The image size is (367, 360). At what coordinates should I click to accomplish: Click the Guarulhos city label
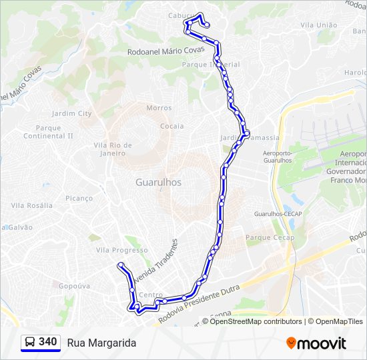pos(158,182)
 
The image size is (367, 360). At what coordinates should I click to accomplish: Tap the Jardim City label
pos(71,113)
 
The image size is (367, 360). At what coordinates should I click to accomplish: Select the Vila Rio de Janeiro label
pos(113,149)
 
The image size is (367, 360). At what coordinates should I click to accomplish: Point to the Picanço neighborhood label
pos(79,198)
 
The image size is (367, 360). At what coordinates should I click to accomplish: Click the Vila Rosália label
pos(31,205)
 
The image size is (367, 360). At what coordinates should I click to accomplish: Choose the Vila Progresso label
pos(122,250)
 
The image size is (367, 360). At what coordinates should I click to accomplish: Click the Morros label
pos(159,108)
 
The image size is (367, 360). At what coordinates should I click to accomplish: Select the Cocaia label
pos(171,126)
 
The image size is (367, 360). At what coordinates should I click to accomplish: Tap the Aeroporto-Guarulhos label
pos(274,157)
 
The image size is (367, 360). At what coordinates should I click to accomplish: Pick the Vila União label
pos(319,25)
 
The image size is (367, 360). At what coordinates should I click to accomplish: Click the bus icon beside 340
pos(30,342)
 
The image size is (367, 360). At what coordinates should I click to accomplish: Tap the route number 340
pos(48,342)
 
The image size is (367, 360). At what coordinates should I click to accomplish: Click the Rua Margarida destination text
pos(101,343)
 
